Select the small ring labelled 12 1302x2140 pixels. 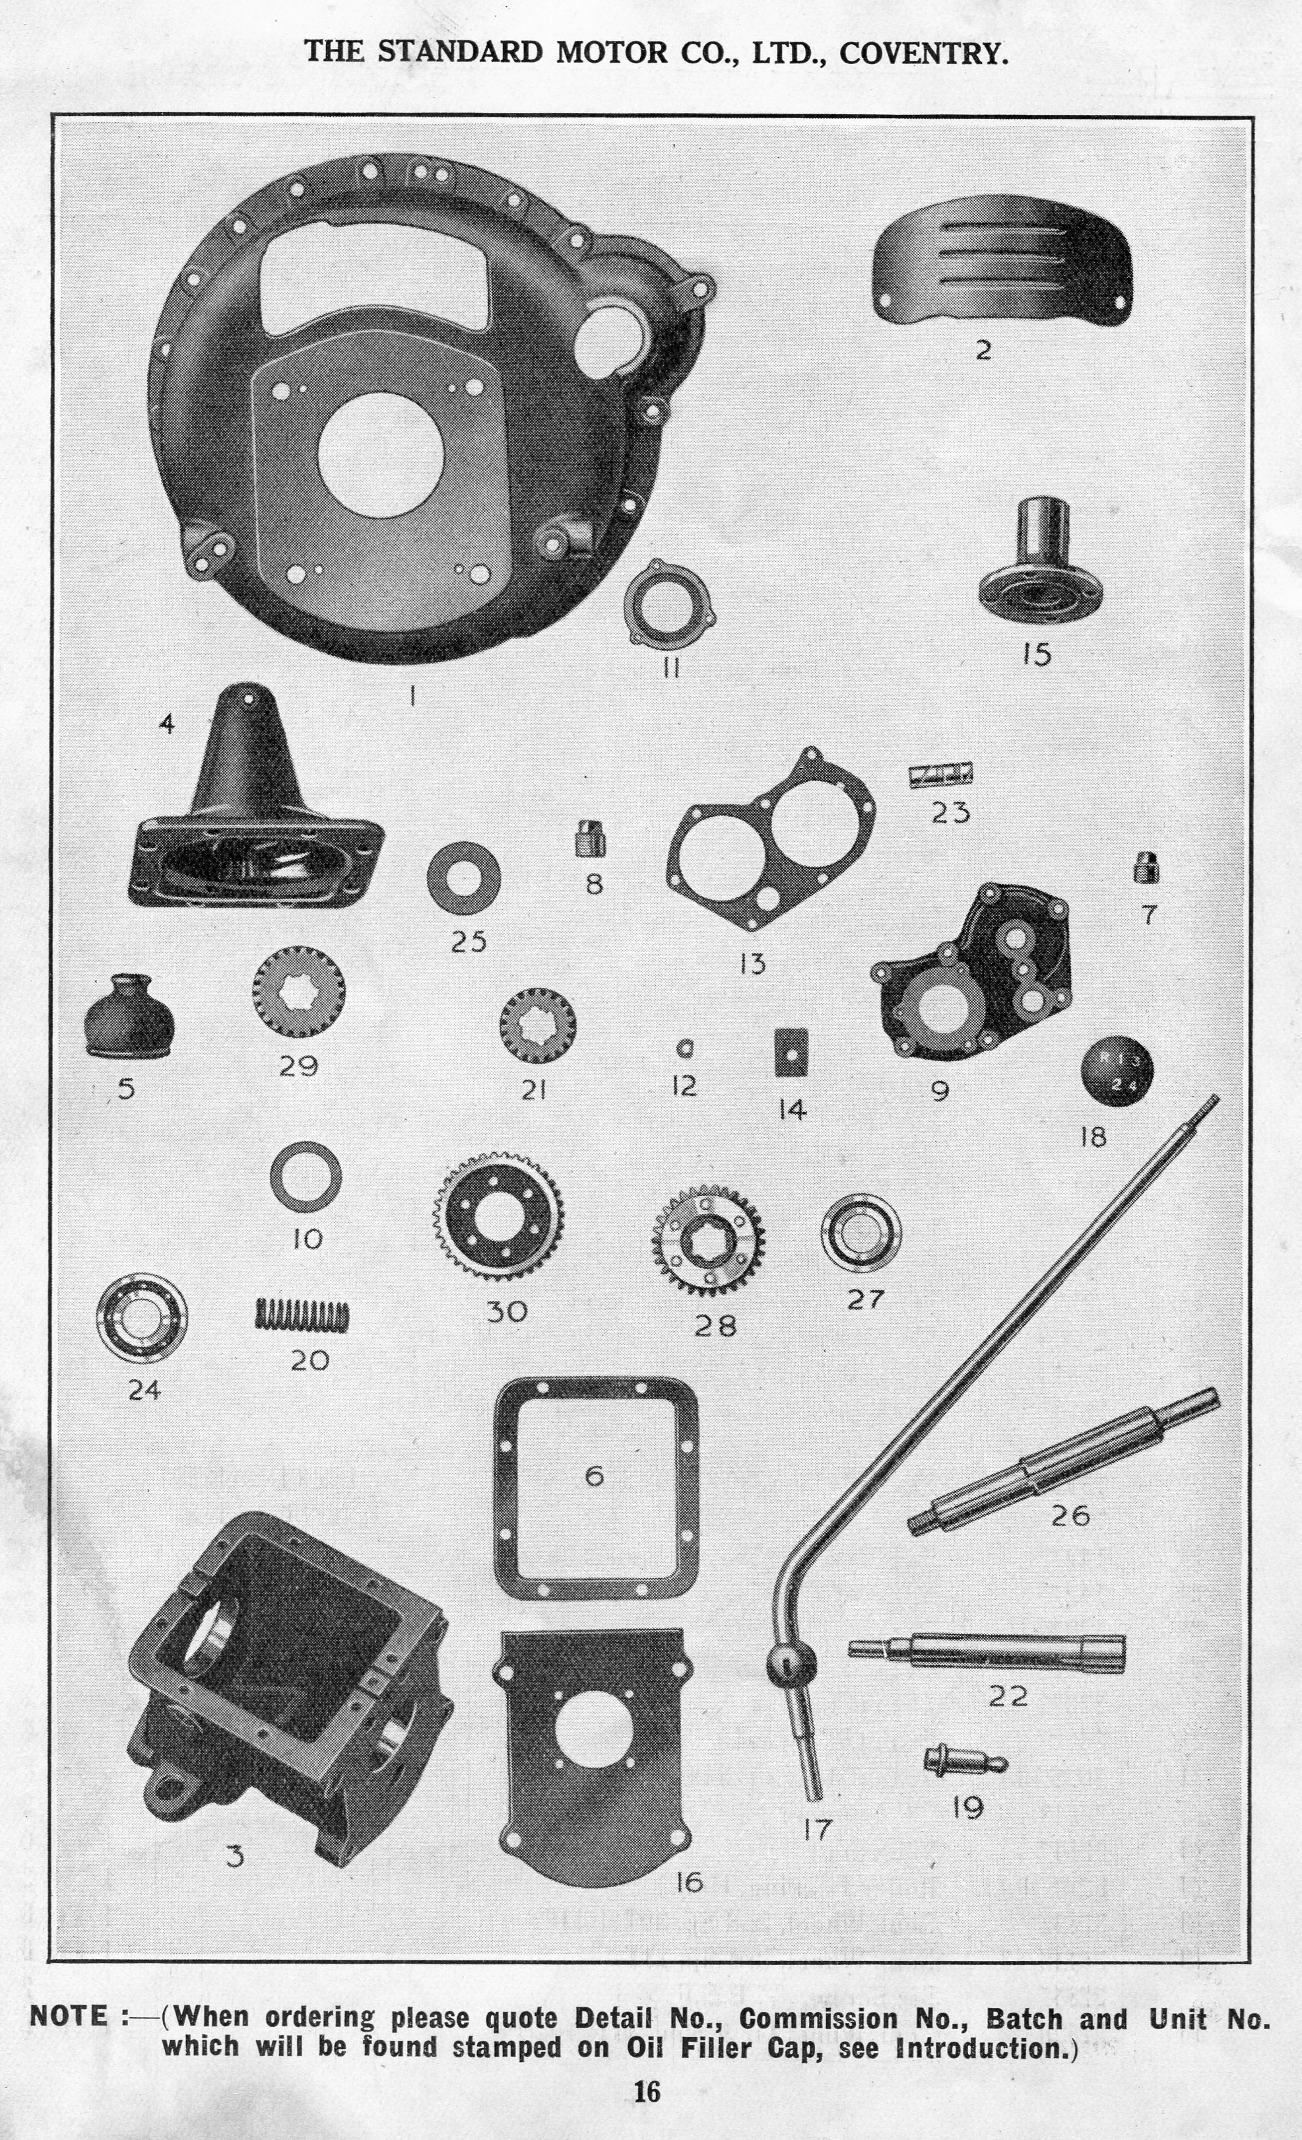684,1049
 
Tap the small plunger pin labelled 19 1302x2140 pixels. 964,1760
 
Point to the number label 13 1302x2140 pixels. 752,963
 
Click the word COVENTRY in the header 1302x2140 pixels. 925,54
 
